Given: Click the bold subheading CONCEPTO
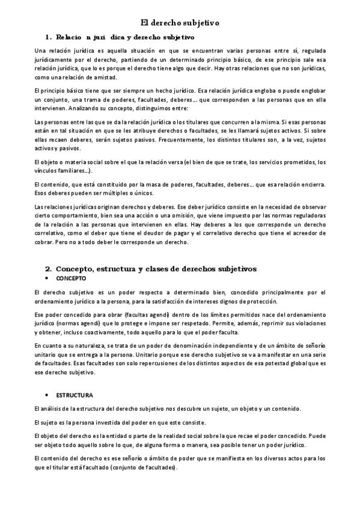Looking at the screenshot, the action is (x=71, y=279).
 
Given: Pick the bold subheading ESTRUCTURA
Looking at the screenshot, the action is (x=75, y=395).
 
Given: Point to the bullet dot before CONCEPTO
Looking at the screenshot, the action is (x=47, y=279).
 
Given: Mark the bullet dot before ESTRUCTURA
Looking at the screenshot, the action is (x=47, y=395).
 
